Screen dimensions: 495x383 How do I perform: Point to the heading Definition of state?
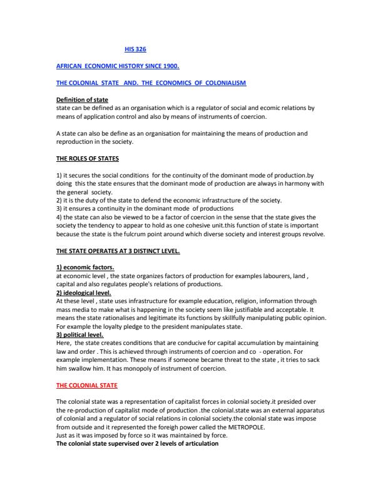(82, 100)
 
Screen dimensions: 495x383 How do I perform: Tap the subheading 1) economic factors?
(84, 267)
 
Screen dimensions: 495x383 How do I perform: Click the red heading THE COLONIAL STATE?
(86, 385)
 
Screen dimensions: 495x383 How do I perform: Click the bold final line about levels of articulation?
(137, 444)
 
